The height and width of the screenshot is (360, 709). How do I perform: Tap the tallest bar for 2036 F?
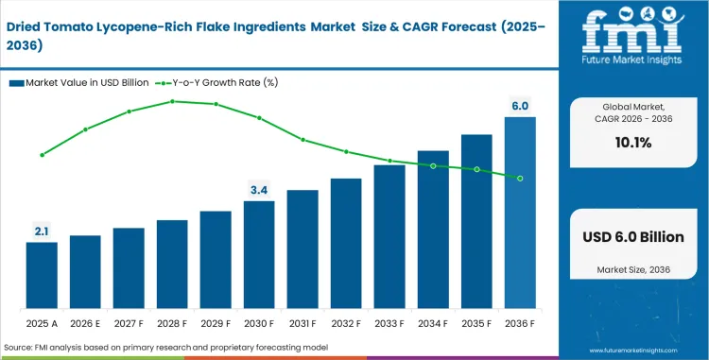[x=520, y=212]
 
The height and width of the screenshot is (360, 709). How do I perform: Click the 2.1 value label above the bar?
[x=42, y=230]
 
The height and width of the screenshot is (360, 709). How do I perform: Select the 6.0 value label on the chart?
[x=520, y=106]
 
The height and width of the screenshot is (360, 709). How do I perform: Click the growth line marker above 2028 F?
[x=172, y=100]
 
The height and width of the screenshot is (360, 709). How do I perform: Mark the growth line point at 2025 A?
[x=42, y=154]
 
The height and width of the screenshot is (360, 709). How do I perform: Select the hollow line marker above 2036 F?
[x=520, y=178]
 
